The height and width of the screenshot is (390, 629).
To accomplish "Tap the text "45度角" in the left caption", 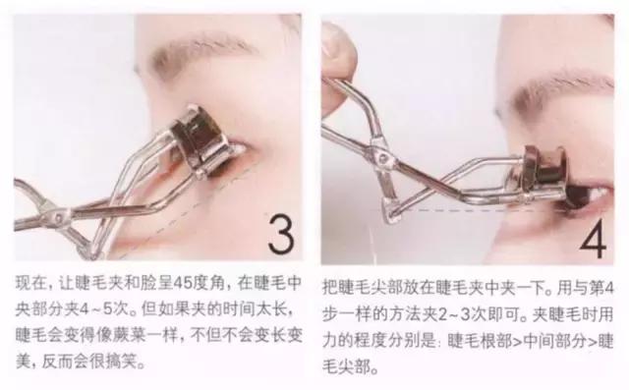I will pyautogui.click(x=170, y=284).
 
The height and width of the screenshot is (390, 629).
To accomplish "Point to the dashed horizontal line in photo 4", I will pyautogui.click(x=472, y=209).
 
